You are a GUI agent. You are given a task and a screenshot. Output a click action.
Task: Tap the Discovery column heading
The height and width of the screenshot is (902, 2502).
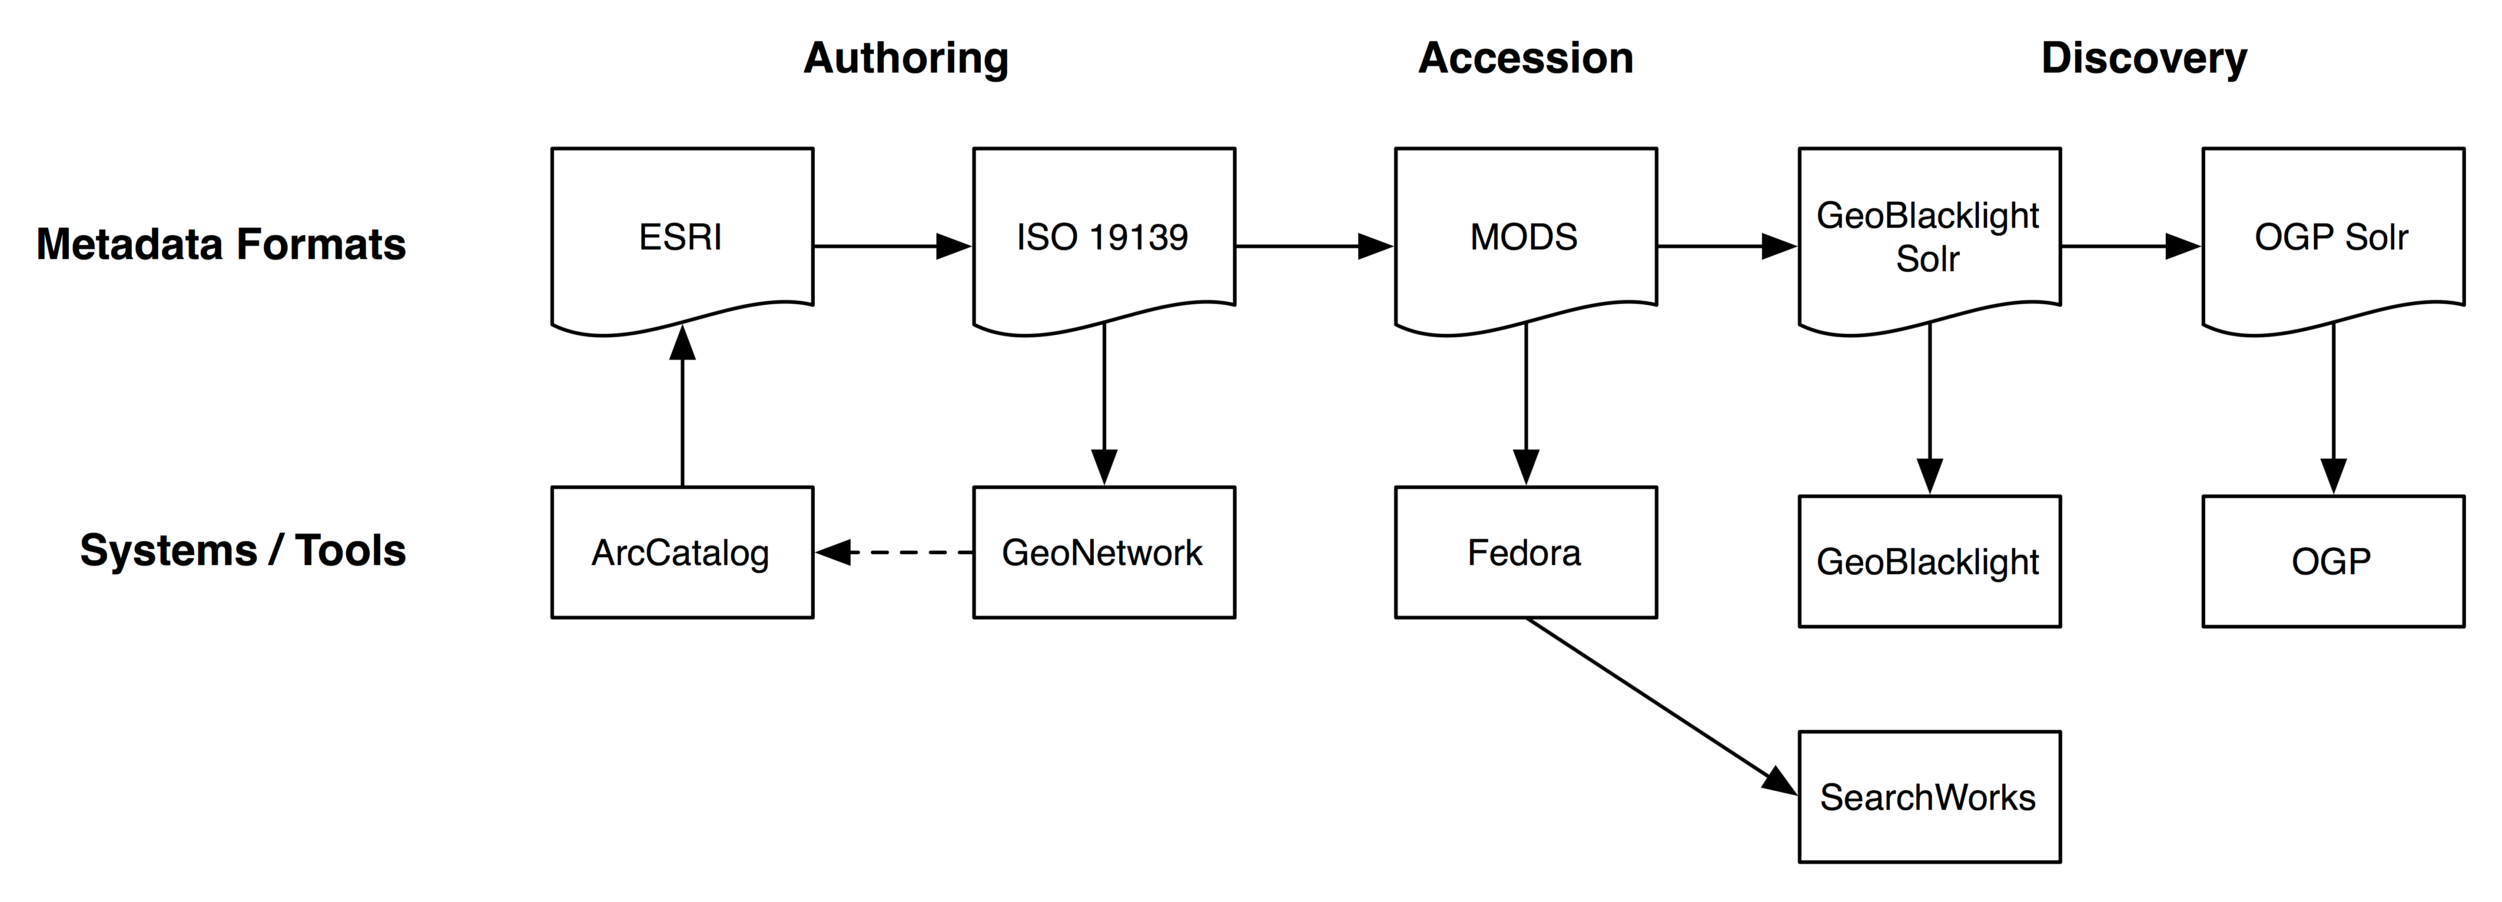click(2144, 58)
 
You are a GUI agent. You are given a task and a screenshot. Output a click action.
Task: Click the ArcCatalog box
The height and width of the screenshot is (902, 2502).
click(682, 552)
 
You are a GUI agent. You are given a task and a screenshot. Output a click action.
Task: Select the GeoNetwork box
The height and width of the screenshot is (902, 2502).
click(1103, 552)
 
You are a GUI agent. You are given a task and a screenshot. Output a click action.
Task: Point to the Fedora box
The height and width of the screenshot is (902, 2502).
click(1525, 552)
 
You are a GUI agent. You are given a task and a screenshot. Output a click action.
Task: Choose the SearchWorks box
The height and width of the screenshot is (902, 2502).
click(1929, 797)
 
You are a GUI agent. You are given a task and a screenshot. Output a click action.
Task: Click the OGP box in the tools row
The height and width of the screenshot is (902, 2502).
click(2332, 562)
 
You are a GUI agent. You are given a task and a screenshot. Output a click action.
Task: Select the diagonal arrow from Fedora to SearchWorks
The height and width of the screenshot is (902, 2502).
click(1661, 707)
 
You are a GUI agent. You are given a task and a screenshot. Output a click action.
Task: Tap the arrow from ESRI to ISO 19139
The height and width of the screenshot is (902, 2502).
click(892, 246)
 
